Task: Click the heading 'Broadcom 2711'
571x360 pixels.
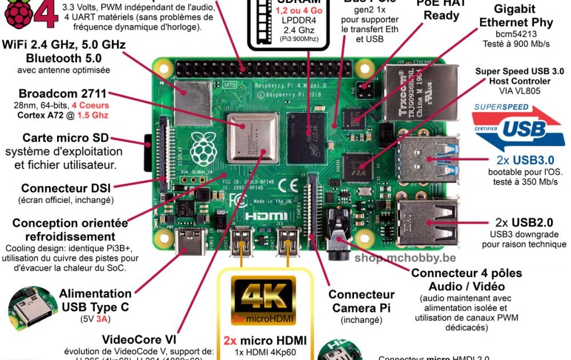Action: point(62,93)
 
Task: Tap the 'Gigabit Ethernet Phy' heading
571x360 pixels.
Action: point(516,17)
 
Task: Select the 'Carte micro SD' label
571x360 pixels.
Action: point(66,138)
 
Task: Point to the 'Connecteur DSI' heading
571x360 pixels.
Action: point(66,187)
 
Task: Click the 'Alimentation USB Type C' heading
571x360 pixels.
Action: point(96,300)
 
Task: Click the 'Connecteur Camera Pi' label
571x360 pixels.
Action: point(361,301)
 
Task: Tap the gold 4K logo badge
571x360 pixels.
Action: point(263,298)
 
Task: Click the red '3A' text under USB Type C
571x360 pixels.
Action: point(103,319)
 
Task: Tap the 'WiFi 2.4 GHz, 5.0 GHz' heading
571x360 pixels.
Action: point(64,45)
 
